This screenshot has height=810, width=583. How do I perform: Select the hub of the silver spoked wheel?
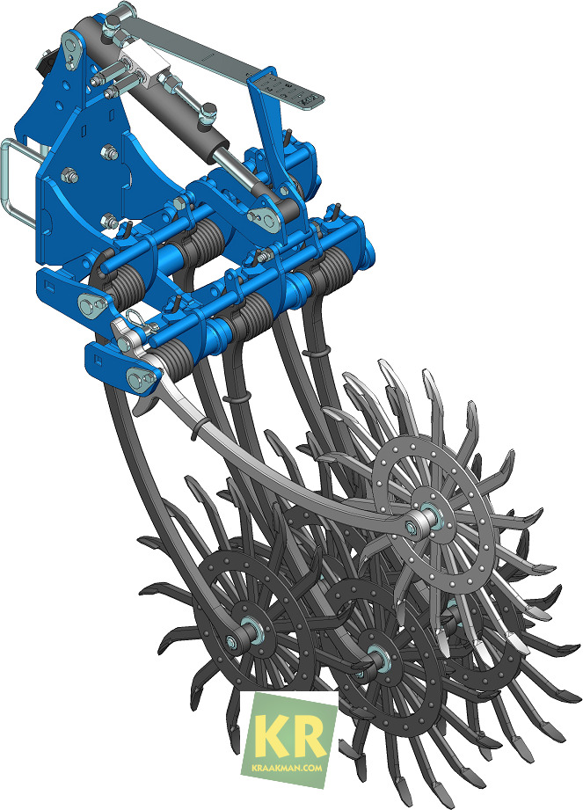(429, 519)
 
